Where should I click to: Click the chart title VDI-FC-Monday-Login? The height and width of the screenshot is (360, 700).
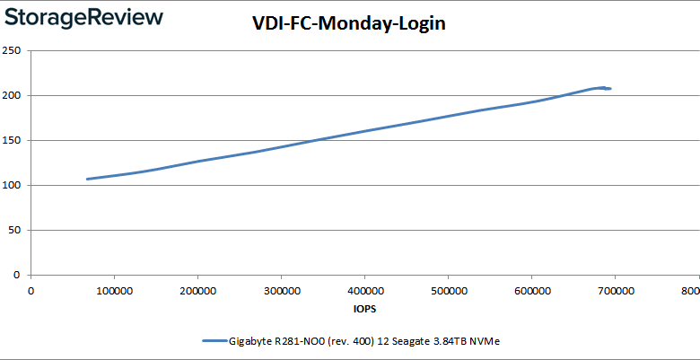click(348, 24)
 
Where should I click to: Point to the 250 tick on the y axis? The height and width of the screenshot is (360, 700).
click(13, 50)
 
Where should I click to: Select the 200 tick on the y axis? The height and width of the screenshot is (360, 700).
click(13, 95)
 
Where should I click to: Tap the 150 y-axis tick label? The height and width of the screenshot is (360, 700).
click(13, 140)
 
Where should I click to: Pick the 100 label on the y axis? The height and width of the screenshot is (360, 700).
click(13, 185)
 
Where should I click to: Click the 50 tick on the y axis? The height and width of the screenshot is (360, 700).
click(15, 230)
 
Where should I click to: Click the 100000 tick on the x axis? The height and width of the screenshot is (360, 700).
click(114, 290)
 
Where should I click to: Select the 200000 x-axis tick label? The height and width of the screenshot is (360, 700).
click(197, 290)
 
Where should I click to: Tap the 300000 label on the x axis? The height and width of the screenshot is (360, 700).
click(281, 290)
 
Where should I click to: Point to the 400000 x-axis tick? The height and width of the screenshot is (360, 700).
click(364, 290)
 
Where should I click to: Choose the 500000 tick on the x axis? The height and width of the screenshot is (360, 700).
click(448, 290)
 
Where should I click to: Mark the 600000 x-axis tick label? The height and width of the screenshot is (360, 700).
click(531, 290)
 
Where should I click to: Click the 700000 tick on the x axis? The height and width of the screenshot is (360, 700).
click(615, 290)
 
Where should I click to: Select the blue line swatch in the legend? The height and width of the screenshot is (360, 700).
click(214, 341)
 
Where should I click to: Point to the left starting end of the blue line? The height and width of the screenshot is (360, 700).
click(87, 179)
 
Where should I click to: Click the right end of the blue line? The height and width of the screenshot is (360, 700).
click(611, 88)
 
